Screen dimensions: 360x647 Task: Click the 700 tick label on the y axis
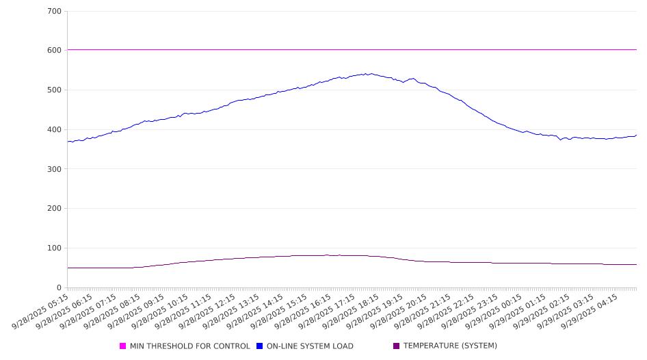[55, 12]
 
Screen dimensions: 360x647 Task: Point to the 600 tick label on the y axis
[55, 51]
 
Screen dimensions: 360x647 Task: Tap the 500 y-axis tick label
[55, 90]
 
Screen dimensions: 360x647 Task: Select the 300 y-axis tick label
[55, 169]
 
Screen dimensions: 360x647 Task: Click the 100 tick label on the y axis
[55, 248]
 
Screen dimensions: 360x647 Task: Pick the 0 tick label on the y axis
[59, 288]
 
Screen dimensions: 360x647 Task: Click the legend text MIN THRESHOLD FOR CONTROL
[189, 346]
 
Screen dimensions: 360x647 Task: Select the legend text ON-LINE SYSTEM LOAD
[310, 346]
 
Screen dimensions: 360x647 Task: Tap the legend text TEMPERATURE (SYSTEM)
[450, 346]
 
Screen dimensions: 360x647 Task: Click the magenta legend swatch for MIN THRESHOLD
[123, 346]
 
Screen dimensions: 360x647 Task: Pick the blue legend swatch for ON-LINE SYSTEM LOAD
[260, 346]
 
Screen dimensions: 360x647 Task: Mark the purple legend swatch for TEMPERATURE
[397, 346]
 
